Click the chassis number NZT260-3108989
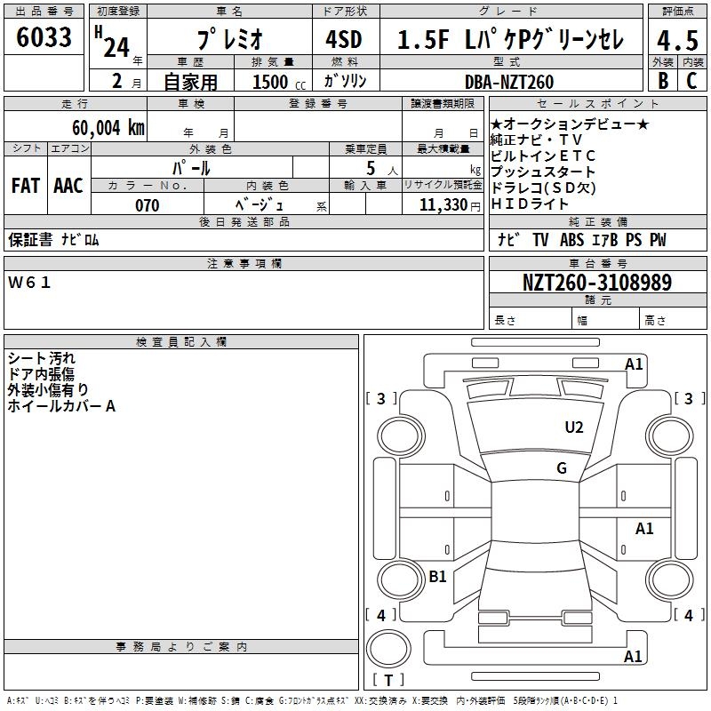pyautogui.click(x=596, y=283)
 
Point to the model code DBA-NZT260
pyautogui.click(x=508, y=82)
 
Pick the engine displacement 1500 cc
pyautogui.click(x=271, y=82)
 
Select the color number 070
pyautogui.click(x=147, y=205)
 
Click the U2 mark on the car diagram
pyautogui.click(x=574, y=427)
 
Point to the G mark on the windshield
pyautogui.click(x=562, y=467)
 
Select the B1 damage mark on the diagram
pyautogui.click(x=437, y=577)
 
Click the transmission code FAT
pyautogui.click(x=25, y=186)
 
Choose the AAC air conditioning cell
pyautogui.click(x=68, y=186)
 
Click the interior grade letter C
pyautogui.click(x=691, y=80)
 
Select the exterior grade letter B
pyautogui.click(x=662, y=80)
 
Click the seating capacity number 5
pyautogui.click(x=371, y=168)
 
